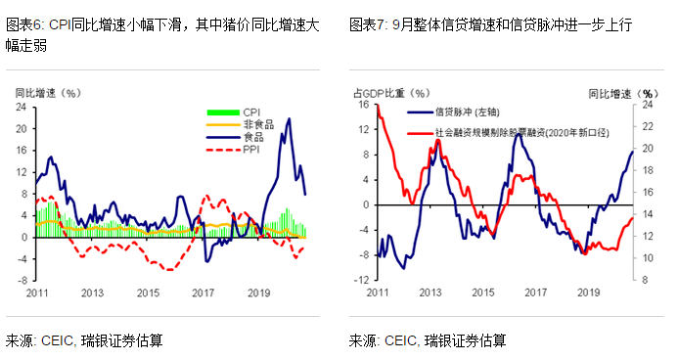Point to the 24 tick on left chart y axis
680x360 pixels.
coord(22,106)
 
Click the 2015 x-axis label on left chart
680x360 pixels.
coord(148,293)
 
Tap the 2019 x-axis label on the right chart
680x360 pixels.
coord(588,292)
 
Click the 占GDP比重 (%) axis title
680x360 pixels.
coord(390,93)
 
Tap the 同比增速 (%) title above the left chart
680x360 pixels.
coord(46,93)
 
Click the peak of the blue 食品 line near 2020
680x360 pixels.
coord(289,119)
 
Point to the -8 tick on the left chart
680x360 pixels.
coord(22,281)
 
